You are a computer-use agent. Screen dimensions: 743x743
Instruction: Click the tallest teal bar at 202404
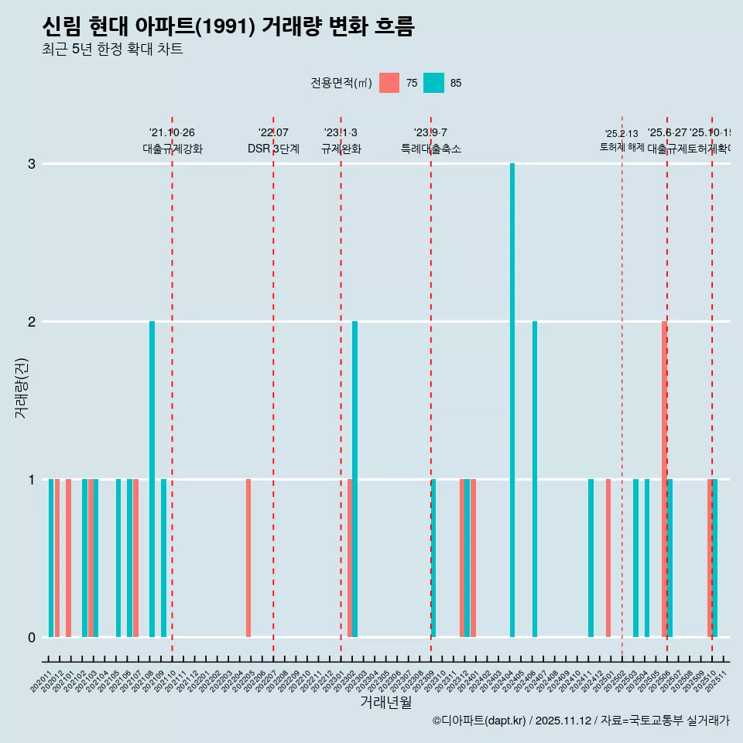click(x=512, y=400)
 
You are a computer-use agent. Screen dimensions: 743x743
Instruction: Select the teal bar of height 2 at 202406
click(x=535, y=479)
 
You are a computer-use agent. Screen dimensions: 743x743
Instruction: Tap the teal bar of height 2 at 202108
click(x=152, y=479)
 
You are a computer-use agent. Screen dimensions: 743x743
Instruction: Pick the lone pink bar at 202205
click(x=248, y=558)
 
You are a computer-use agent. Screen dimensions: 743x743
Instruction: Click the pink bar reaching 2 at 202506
click(x=664, y=479)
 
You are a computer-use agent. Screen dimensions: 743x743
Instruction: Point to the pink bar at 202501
click(x=608, y=558)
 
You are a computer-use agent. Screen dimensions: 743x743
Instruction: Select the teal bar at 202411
click(x=591, y=558)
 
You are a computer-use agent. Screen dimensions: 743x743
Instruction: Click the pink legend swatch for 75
click(x=389, y=83)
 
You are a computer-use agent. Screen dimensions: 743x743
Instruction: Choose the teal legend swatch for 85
click(x=433, y=83)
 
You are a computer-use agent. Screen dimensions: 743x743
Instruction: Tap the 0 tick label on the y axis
click(x=32, y=637)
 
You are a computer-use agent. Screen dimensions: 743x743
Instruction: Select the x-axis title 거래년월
click(x=385, y=702)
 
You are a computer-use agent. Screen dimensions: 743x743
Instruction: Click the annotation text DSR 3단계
click(x=273, y=149)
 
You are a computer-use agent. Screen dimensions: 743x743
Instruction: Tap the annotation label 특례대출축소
click(x=430, y=149)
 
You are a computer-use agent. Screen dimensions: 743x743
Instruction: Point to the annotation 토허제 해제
click(x=621, y=146)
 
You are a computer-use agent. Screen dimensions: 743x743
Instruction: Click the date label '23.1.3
click(x=341, y=133)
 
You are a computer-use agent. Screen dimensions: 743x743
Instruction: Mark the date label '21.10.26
click(x=172, y=133)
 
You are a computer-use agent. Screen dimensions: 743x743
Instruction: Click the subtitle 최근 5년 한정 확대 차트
click(x=112, y=50)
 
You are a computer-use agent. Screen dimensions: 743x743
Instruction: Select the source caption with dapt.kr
click(x=580, y=721)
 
